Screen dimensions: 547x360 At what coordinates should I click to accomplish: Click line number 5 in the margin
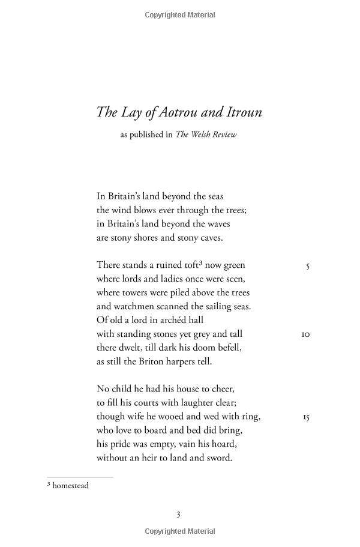[x=308, y=265]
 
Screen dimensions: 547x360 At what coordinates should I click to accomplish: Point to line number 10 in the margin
[x=305, y=334]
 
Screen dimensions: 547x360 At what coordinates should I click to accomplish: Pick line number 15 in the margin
[x=305, y=417]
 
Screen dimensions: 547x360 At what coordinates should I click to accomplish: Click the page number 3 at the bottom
[x=178, y=514]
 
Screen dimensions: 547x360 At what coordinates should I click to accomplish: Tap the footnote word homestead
[x=70, y=485]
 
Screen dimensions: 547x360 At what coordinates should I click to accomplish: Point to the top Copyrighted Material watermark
[x=180, y=15]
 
